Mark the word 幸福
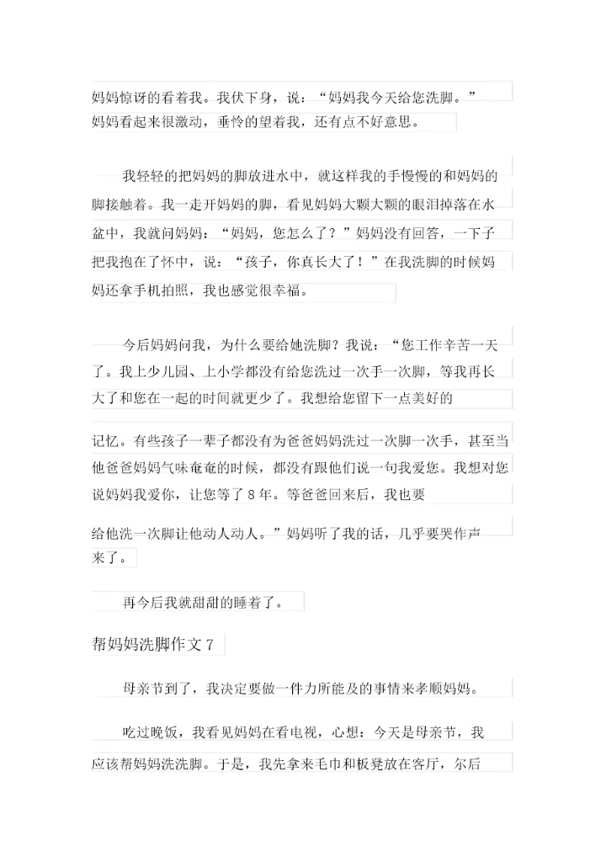click(281, 291)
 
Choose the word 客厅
click(428, 764)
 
